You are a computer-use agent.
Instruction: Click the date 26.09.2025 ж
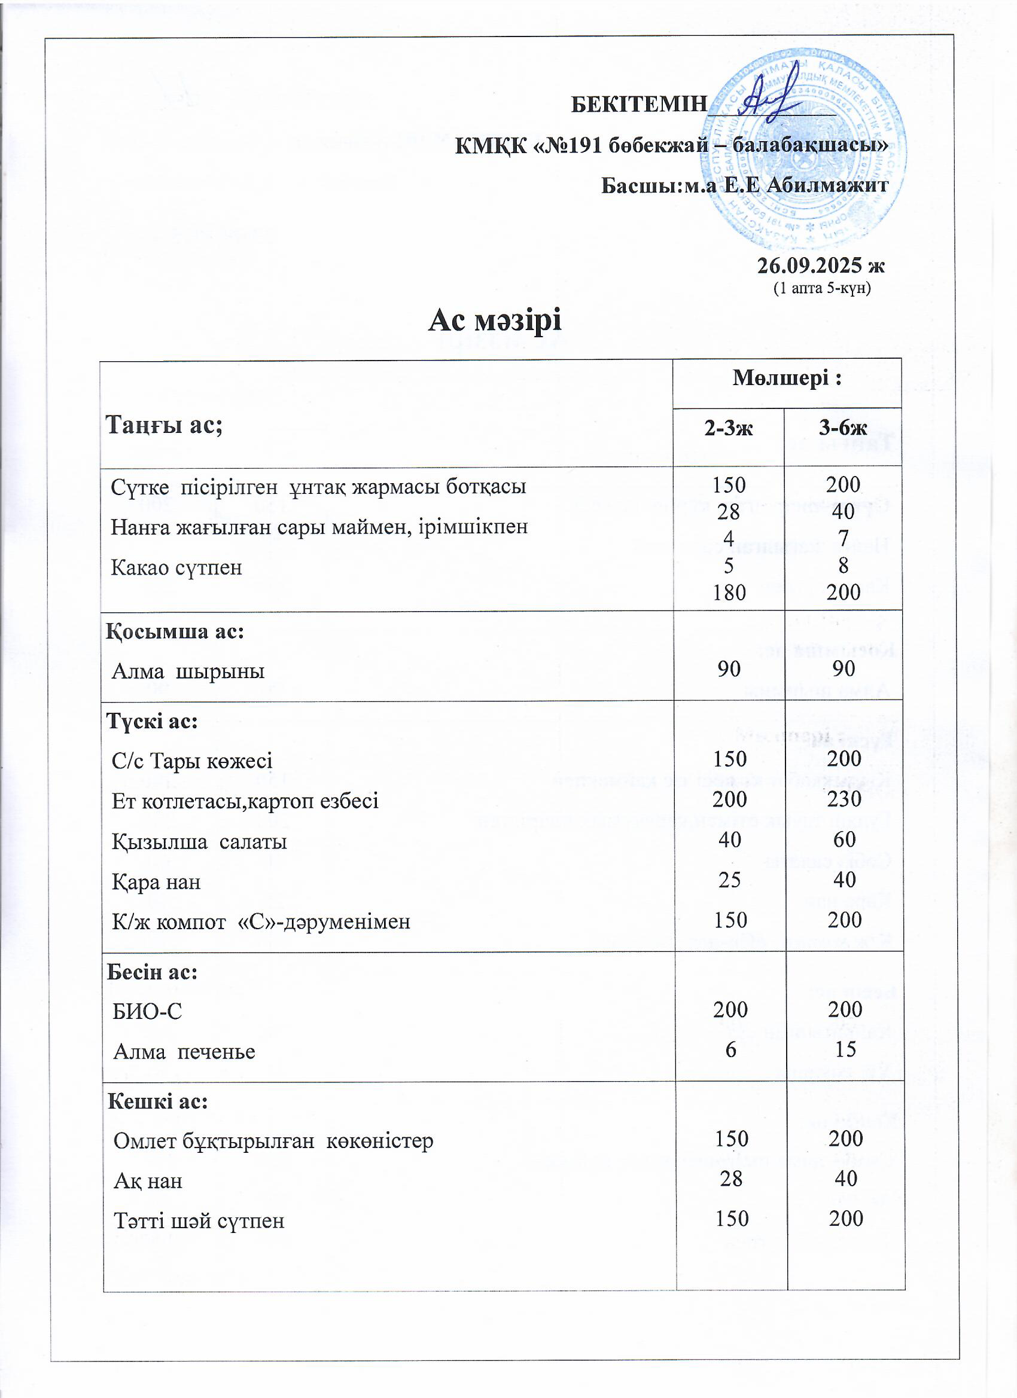click(821, 265)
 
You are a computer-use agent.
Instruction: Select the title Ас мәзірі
click(495, 320)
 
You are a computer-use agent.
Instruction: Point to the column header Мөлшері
click(787, 378)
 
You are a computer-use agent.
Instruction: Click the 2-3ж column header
click(729, 428)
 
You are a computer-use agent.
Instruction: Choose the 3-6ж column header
click(843, 428)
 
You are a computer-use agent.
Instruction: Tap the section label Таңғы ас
click(164, 425)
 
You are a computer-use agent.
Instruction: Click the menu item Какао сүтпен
click(176, 567)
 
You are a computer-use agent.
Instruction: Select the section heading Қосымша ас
click(176, 631)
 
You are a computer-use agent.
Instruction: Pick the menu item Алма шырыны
click(188, 671)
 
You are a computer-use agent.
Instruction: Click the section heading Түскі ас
click(153, 721)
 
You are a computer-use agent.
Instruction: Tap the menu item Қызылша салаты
click(199, 841)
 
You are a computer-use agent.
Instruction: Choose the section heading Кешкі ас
click(158, 1101)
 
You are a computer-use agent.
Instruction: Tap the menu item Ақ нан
click(148, 1181)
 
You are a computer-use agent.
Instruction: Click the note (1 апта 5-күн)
click(822, 288)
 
